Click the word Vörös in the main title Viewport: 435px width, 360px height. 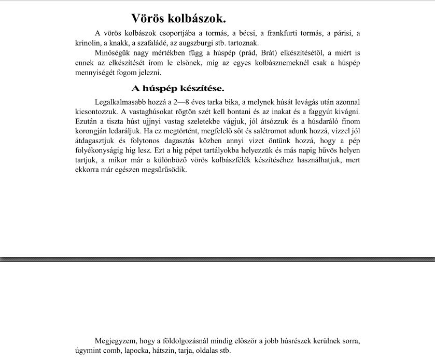coord(147,19)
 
